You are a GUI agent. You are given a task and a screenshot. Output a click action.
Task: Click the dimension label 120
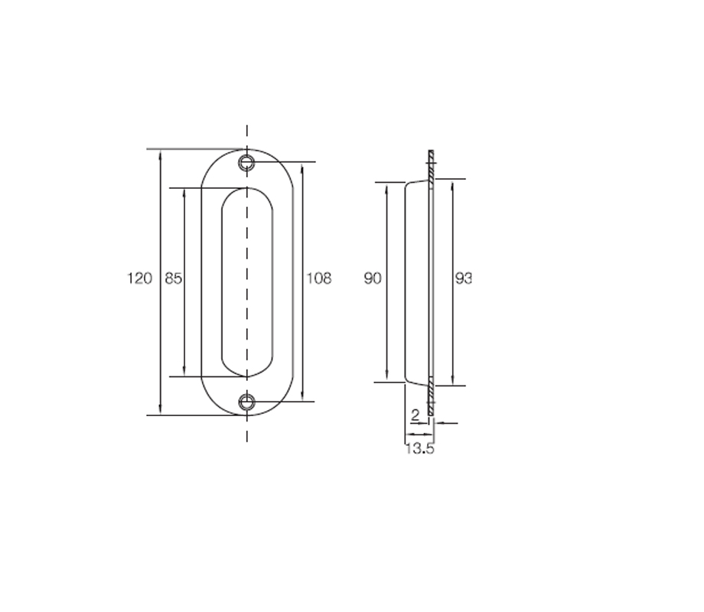[139, 278]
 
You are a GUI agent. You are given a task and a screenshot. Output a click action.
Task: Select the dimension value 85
[173, 278]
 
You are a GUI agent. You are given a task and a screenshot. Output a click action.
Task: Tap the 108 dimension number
[319, 278]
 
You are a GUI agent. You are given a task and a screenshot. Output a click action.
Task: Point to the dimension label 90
[373, 278]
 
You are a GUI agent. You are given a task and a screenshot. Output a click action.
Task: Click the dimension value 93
[464, 278]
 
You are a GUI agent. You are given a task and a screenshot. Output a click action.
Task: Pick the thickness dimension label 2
[416, 415]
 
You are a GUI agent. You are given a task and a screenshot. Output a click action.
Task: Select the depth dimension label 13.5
[420, 448]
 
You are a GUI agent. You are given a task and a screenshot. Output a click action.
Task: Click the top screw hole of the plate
[246, 162]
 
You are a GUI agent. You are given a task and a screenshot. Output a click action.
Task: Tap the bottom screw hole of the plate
[246, 402]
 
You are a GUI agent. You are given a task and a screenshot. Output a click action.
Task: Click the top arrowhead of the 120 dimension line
[161, 155]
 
